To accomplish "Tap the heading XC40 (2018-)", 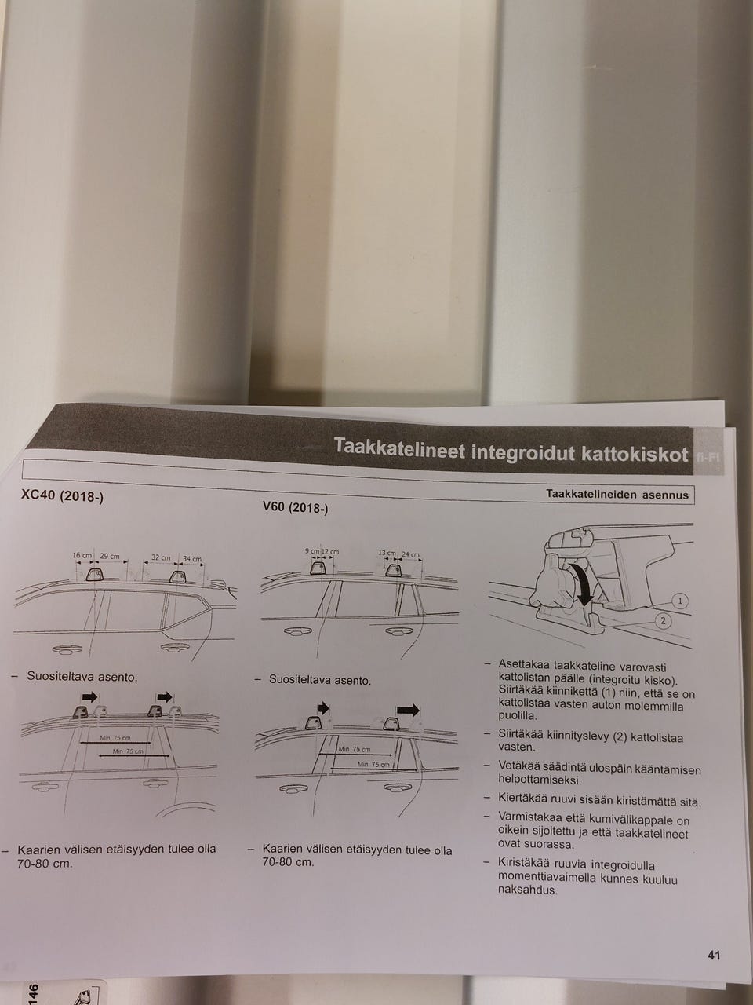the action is coord(62,496).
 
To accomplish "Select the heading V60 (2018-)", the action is coord(295,507).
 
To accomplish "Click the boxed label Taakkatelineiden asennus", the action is coord(617,495).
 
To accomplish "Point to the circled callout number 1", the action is coord(681,601).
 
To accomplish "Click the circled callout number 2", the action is coord(664,621).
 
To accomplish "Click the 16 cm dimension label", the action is coord(82,555).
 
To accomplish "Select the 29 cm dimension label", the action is coord(110,557).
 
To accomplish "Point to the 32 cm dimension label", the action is coord(161,557).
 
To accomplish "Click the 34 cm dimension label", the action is coord(192,559).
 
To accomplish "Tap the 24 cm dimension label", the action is coord(410,554).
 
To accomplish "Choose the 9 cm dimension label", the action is coord(313,551).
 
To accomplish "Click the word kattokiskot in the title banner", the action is coord(635,454).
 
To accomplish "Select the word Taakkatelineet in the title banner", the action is coord(399,446).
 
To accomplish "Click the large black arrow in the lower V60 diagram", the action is coord(408,710).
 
